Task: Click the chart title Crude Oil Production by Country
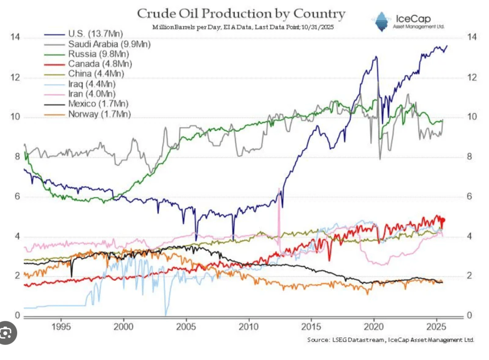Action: (x=241, y=13)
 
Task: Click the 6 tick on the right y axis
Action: (x=471, y=196)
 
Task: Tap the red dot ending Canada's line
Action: (x=443, y=220)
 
